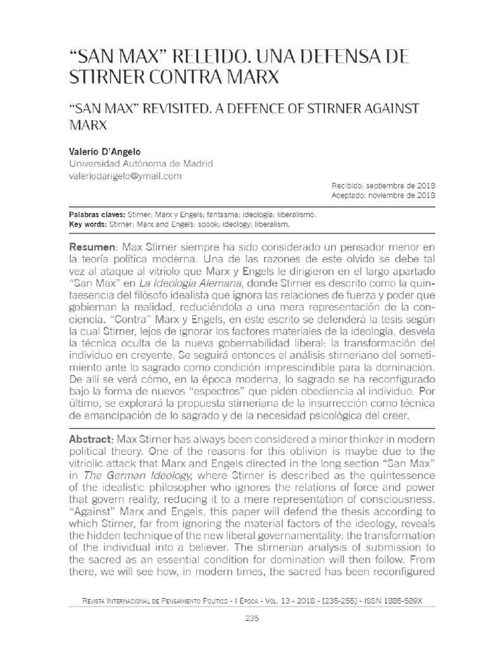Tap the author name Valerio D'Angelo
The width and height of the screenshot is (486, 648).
104,152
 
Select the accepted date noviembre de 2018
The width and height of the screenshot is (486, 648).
402,196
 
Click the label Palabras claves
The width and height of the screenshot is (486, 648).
96,215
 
